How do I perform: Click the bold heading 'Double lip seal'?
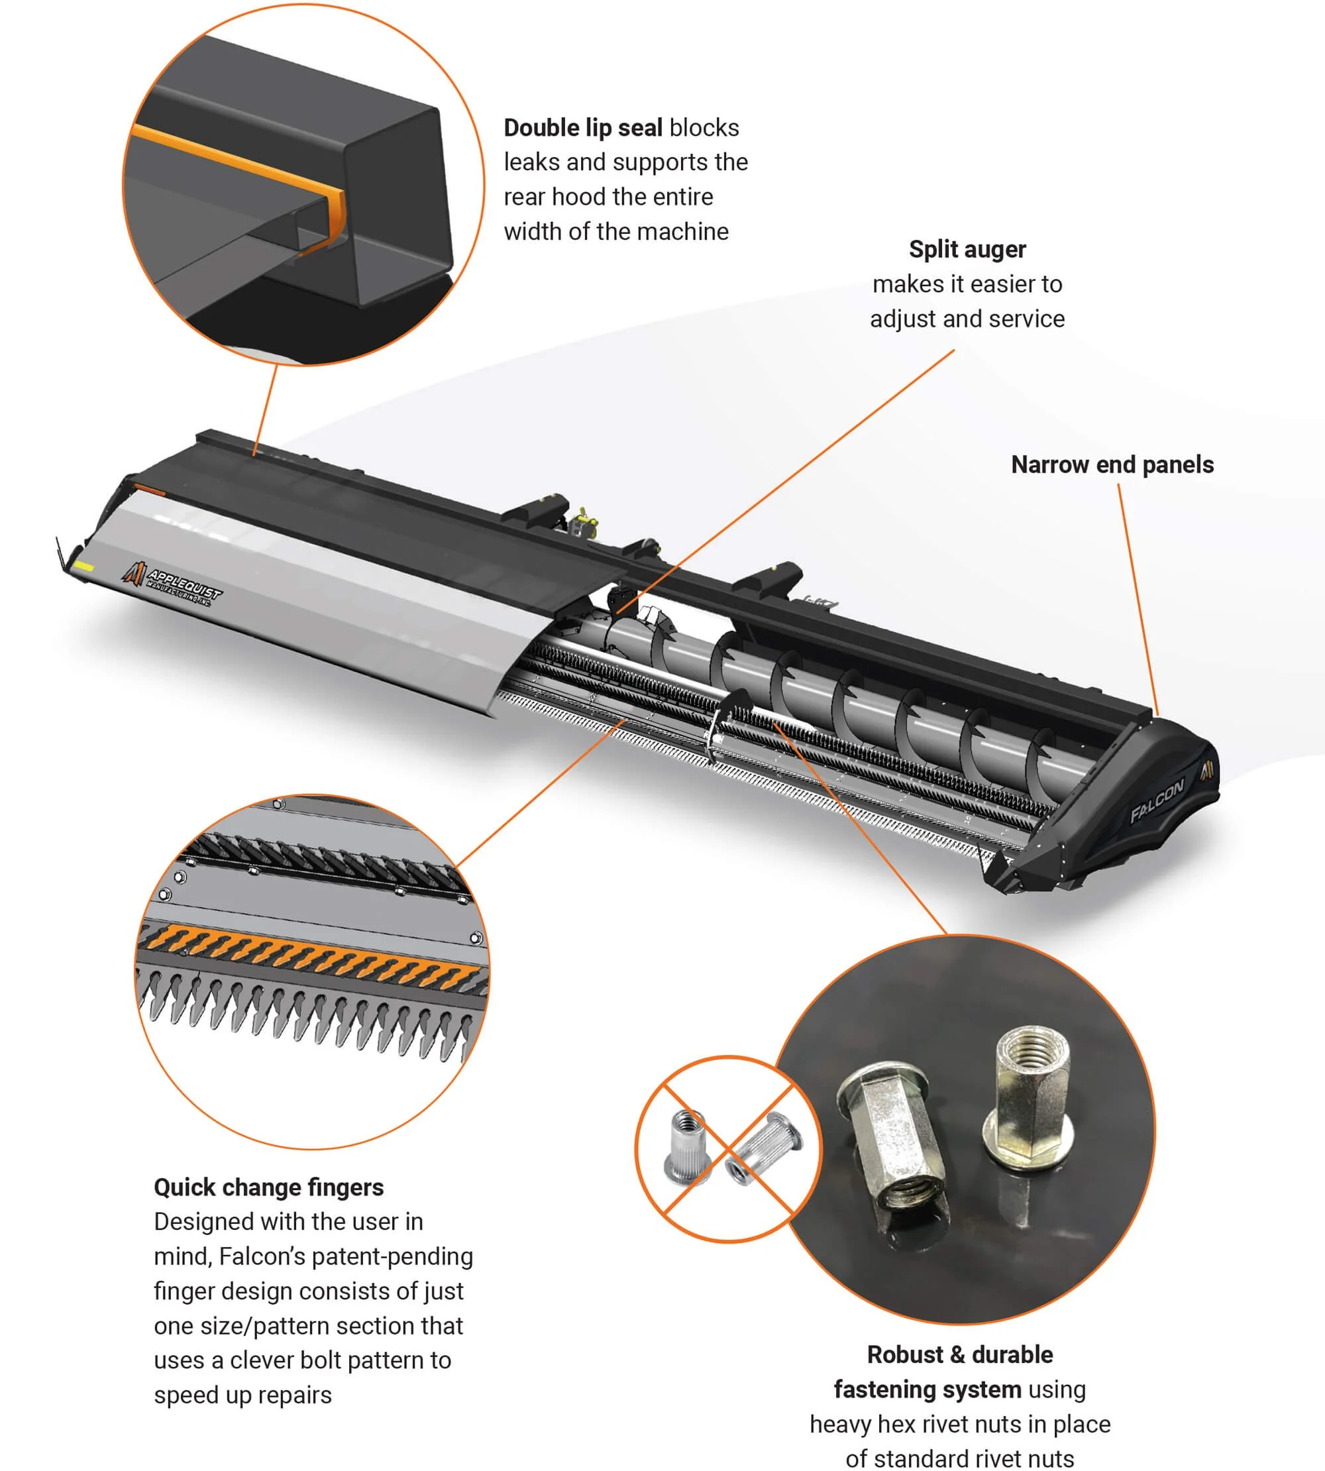(582, 128)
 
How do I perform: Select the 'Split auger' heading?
(967, 250)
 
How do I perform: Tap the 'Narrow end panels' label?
(1112, 464)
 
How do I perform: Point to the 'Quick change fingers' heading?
(268, 1187)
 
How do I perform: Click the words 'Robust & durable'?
(960, 1354)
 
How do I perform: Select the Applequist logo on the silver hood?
(172, 583)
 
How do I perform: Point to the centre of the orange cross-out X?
(729, 1149)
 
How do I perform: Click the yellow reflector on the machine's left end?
(84, 567)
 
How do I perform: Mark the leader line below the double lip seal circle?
(266, 410)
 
